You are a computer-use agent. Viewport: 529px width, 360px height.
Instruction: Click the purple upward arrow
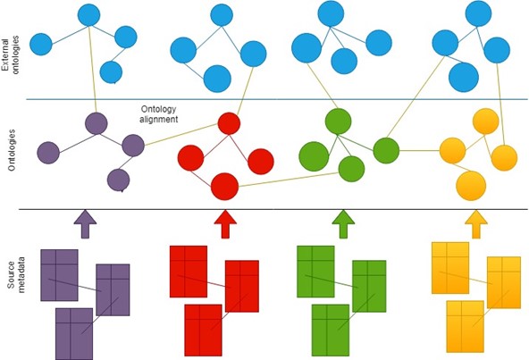point(85,224)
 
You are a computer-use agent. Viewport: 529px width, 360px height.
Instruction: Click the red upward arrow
point(225,224)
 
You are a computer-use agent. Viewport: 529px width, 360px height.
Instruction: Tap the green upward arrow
point(343,224)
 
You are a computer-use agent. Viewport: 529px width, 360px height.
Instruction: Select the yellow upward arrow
point(476,224)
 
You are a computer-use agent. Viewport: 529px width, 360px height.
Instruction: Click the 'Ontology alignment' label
point(158,114)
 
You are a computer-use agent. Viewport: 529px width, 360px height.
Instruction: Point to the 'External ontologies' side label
point(11,54)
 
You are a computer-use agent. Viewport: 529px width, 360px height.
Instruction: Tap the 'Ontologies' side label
point(12,150)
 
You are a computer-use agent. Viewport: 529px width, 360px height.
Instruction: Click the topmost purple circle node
point(97,123)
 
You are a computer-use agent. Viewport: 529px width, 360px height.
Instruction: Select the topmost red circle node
point(229,123)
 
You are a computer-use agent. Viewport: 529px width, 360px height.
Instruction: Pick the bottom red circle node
point(224,187)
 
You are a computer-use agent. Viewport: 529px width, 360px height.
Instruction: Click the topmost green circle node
point(338,121)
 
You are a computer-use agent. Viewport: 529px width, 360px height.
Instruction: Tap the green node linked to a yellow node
point(386,151)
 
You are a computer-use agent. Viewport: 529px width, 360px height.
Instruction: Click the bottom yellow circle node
point(471,186)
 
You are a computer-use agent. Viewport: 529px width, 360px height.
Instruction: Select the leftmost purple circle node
point(48,153)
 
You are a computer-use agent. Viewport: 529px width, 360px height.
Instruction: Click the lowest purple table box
point(74,334)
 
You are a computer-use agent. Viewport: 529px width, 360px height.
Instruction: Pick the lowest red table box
point(203,331)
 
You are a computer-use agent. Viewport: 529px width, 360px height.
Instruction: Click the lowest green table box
point(331,331)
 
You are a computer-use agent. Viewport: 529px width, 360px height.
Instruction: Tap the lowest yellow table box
point(466,327)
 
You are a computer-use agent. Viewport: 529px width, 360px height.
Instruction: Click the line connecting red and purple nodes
point(181,135)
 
